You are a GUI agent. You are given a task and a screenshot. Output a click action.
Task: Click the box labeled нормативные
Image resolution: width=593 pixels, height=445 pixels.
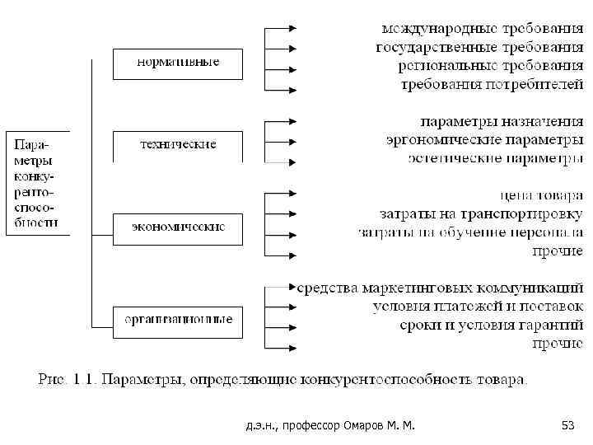point(178,63)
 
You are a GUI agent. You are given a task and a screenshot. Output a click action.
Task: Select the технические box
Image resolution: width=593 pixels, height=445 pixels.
point(178,144)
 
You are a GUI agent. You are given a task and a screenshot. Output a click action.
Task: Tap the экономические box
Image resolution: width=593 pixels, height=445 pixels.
point(178,227)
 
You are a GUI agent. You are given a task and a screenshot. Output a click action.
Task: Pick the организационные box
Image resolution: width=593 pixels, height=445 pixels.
point(178,320)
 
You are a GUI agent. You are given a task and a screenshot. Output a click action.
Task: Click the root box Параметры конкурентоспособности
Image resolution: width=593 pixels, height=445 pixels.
point(37,181)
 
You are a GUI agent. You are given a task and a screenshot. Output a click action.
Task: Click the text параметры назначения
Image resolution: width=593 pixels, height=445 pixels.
point(502,121)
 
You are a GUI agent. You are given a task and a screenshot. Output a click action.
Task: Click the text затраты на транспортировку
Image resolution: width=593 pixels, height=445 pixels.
point(481,215)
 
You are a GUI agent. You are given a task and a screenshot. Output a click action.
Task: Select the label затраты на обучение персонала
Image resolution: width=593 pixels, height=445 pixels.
point(470,233)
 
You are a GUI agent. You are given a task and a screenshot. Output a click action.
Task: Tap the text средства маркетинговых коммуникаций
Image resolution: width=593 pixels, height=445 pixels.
point(441,288)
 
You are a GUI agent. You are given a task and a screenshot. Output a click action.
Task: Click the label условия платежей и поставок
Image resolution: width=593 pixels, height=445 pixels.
point(478,307)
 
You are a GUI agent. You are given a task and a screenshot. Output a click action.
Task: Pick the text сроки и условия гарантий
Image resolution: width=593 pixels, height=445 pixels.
point(492,325)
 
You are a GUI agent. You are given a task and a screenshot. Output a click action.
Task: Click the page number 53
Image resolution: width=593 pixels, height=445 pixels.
point(567,425)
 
